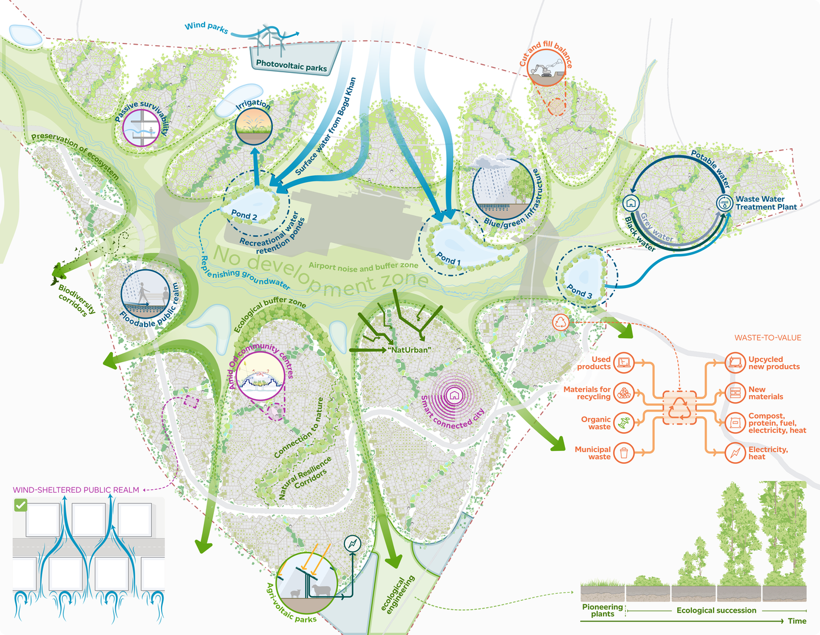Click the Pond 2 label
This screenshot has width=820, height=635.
tap(244, 215)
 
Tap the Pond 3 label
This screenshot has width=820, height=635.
tap(579, 291)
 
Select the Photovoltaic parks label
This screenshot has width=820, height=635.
tap(292, 66)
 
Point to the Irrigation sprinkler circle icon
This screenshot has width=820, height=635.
tap(253, 126)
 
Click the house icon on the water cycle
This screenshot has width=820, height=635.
tap(631, 203)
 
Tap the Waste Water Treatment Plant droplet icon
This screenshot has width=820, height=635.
tap(724, 203)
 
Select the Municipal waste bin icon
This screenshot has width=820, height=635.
tap(624, 453)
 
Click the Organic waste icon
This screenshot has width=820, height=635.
tap(624, 423)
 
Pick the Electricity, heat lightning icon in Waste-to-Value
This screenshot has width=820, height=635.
tap(735, 453)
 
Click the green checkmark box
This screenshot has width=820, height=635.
tap(21, 505)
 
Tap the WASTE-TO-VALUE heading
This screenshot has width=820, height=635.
tap(768, 337)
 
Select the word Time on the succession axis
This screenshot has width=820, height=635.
tap(797, 621)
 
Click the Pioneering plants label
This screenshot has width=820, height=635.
tap(603, 610)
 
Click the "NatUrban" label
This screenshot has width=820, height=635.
tap(410, 350)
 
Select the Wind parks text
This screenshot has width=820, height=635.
tap(206, 27)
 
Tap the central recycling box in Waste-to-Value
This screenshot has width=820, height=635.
tap(680, 408)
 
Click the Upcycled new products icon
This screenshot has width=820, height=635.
tap(735, 363)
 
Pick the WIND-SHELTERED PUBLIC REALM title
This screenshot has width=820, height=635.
tap(76, 490)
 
